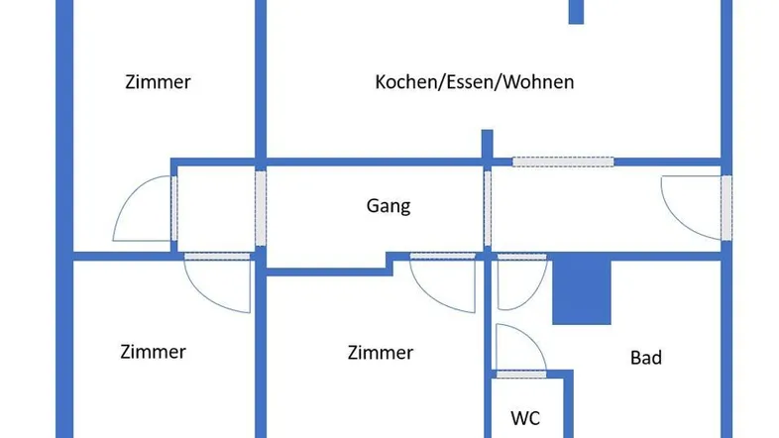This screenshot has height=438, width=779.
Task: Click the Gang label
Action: (x=389, y=207)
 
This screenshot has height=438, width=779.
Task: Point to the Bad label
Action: (x=646, y=358)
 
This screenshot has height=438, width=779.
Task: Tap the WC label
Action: (x=525, y=417)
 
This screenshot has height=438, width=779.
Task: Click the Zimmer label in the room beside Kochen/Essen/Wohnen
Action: (x=158, y=82)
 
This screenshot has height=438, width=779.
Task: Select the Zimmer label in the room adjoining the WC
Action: (x=380, y=353)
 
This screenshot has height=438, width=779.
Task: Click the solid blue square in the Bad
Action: (x=581, y=291)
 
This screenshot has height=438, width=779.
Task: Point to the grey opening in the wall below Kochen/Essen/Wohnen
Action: (x=562, y=161)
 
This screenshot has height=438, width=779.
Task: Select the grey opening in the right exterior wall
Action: (x=726, y=207)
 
